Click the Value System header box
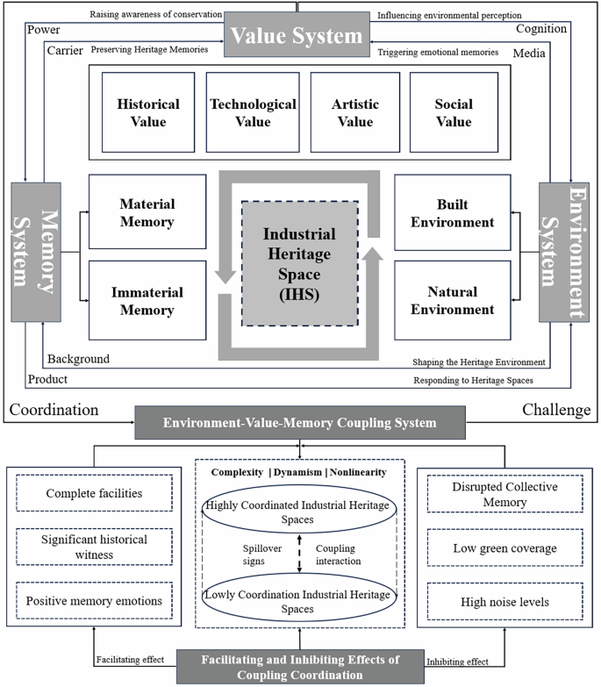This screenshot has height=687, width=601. point(297,36)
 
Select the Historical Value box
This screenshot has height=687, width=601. point(147,111)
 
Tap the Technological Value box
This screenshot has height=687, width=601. point(252,111)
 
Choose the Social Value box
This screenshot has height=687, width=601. point(453,111)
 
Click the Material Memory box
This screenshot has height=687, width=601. point(147,212)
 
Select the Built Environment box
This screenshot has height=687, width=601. point(452,212)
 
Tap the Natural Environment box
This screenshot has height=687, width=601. point(452,300)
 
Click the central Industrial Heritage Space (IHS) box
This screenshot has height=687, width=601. point(299,263)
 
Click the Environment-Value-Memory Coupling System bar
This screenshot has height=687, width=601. point(299,423)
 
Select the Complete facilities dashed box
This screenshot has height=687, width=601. point(94,493)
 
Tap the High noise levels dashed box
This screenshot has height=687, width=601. point(504,602)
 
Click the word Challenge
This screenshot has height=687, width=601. point(556,410)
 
